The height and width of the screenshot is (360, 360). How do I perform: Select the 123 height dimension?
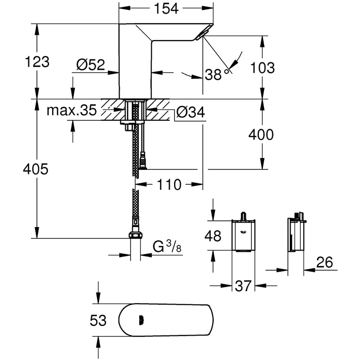coord(36,62)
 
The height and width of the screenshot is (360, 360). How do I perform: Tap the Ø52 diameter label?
coord(90,65)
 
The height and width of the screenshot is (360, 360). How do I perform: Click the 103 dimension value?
coord(263,67)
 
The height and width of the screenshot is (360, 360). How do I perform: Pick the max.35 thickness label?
coord(72,111)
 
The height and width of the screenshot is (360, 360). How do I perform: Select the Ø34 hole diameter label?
coord(190,112)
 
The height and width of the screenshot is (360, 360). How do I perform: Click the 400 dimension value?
coord(261,135)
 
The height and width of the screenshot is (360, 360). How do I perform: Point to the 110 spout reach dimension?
coord(168,185)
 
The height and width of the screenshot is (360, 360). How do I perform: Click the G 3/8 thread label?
coord(167,247)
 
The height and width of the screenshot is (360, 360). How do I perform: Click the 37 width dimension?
coord(243,286)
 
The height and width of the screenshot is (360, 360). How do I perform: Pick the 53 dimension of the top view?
coord(98,320)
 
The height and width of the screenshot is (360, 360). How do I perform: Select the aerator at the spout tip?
coord(200,35)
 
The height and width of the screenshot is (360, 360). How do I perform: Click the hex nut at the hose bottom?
coord(135,235)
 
